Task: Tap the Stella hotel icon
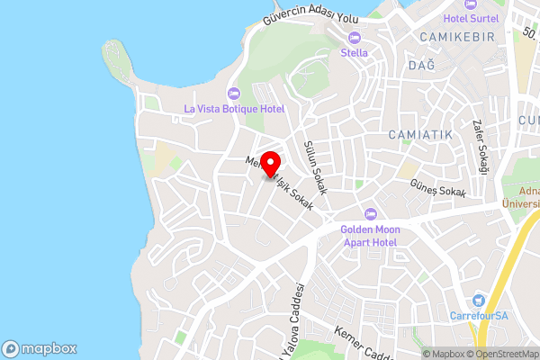pos(354,37)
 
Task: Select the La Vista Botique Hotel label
pos(234,109)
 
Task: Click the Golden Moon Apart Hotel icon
pos(370,213)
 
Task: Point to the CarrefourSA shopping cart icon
pos(478,301)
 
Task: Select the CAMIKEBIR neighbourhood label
pos(458,36)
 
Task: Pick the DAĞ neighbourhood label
pos(421,66)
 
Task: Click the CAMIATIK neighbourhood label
pos(420,134)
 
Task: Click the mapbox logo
pos(40,348)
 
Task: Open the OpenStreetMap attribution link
pos(501,354)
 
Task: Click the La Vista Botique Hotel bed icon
pos(234,93)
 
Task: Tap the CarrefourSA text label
pos(478,316)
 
